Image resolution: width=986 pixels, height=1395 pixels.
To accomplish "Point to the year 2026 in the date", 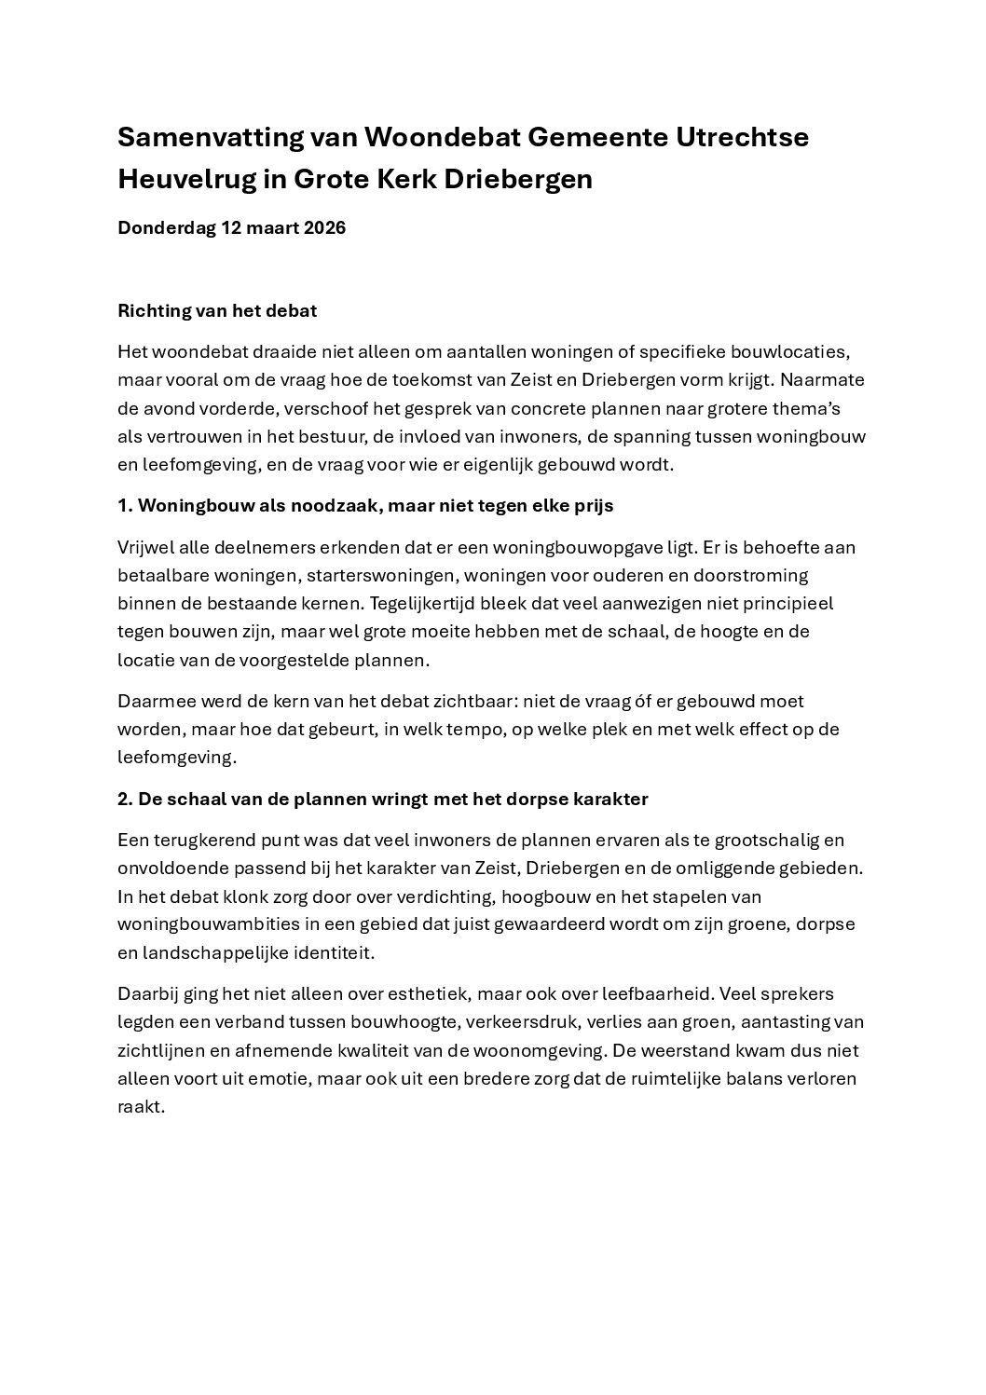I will tap(324, 228).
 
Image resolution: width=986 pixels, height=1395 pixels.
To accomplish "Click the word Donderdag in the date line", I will tap(166, 228).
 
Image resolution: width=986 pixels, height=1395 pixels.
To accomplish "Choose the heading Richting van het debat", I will tap(217, 311).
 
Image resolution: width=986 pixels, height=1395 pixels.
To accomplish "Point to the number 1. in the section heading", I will tap(125, 506).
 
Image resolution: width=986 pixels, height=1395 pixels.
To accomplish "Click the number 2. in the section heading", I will tap(125, 800).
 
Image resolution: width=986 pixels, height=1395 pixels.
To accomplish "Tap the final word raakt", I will tap(141, 1107).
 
